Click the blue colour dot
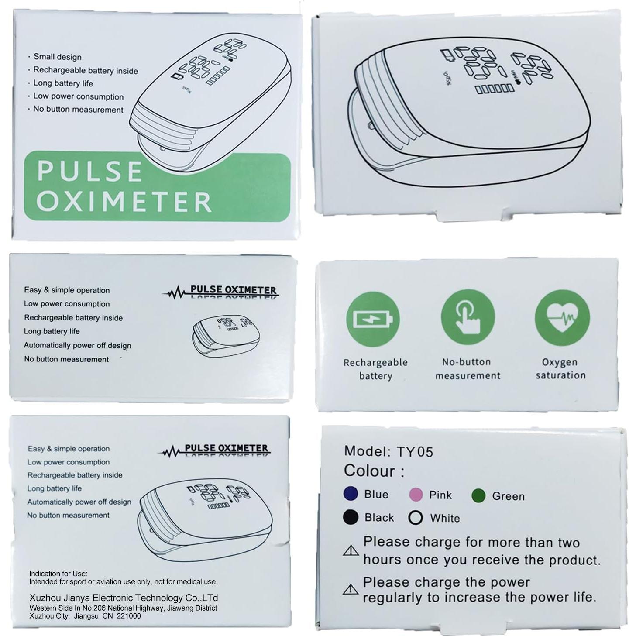(x=351, y=494)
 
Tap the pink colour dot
(x=416, y=495)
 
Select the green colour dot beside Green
(x=478, y=495)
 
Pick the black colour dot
(x=351, y=517)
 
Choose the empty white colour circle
(x=416, y=518)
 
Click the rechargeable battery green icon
(x=373, y=320)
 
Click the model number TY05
(x=414, y=451)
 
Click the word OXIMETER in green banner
(x=124, y=201)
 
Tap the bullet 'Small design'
(x=57, y=57)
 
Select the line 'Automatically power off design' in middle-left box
(x=77, y=345)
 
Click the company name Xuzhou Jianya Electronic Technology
(x=124, y=598)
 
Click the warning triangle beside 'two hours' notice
(x=351, y=550)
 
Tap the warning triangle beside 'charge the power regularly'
(x=351, y=590)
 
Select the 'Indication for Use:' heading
(x=58, y=574)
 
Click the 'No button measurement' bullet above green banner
(x=78, y=110)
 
